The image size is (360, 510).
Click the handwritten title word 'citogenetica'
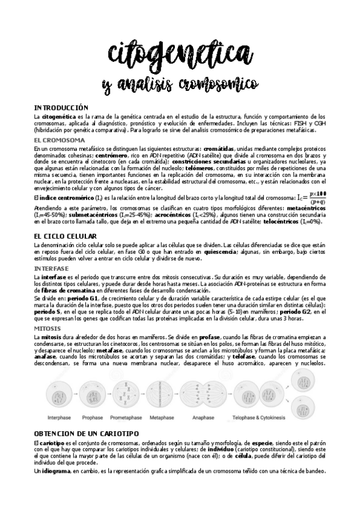tap(179, 55)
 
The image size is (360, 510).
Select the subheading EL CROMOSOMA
tap(59, 140)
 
